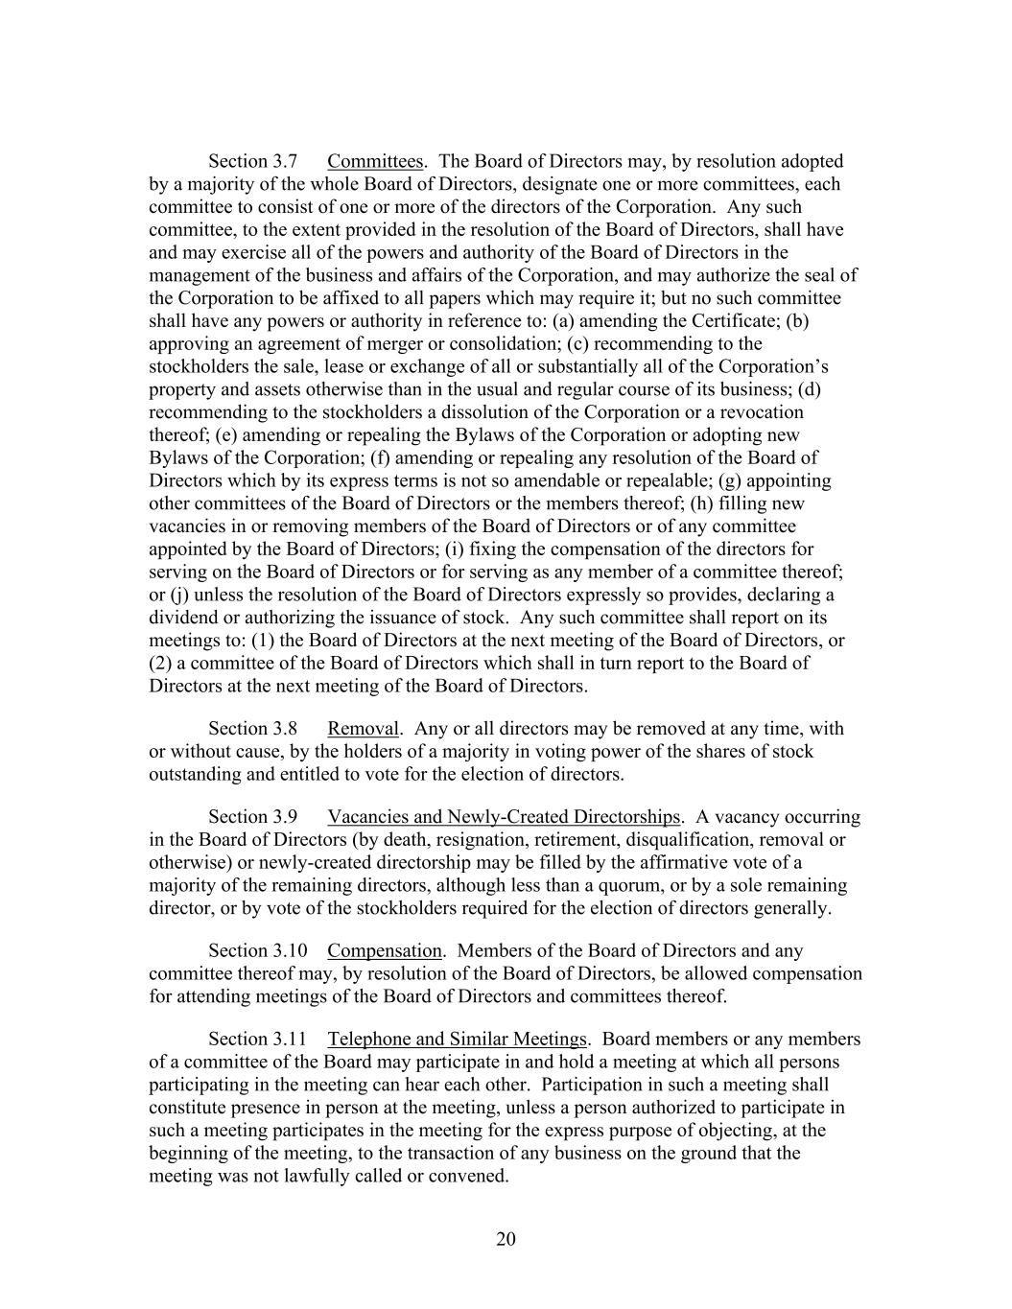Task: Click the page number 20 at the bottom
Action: point(506,1239)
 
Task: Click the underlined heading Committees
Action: point(375,161)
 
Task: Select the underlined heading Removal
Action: point(363,729)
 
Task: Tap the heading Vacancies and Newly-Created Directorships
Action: point(503,817)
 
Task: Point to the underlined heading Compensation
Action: point(385,951)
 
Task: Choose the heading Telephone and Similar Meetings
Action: point(457,1040)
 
